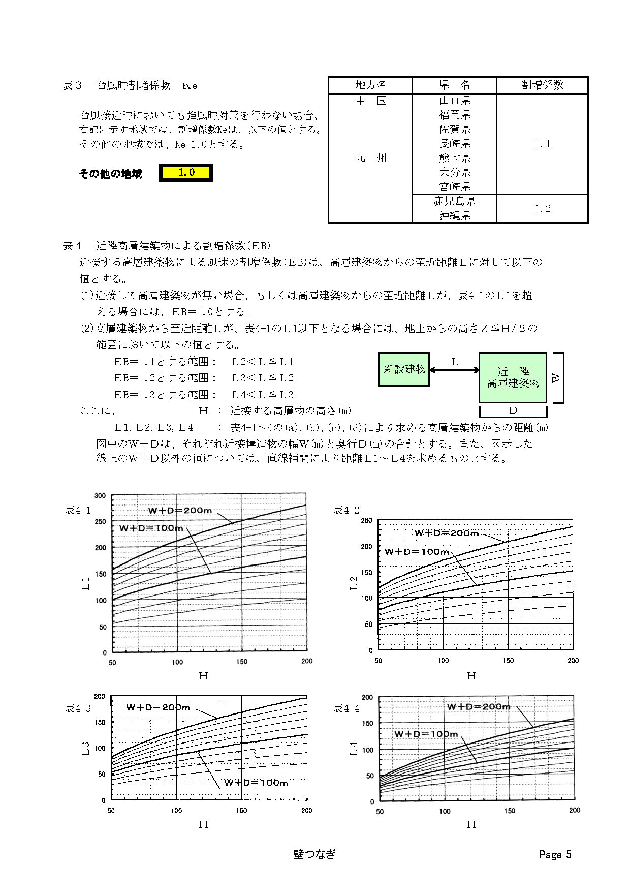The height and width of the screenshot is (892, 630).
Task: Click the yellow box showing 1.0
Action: pyautogui.click(x=186, y=173)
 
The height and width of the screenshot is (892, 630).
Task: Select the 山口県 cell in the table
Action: pyautogui.click(x=455, y=101)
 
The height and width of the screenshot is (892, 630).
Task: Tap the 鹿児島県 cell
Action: pyautogui.click(x=454, y=201)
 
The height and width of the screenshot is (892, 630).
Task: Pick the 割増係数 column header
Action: pyautogui.click(x=542, y=85)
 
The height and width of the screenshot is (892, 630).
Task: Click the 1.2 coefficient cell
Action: pyautogui.click(x=542, y=209)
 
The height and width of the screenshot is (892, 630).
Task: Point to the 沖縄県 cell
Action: pyautogui.click(x=455, y=216)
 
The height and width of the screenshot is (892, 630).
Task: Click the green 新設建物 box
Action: pyautogui.click(x=404, y=369)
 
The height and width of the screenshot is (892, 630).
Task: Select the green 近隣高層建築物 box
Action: pyautogui.click(x=513, y=377)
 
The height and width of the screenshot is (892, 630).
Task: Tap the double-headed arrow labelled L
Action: pyautogui.click(x=455, y=370)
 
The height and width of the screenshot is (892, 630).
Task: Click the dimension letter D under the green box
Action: pyautogui.click(x=513, y=410)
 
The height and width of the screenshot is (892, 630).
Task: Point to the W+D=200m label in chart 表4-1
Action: pyautogui.click(x=180, y=510)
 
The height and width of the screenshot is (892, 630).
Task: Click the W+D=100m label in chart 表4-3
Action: pyautogui.click(x=256, y=783)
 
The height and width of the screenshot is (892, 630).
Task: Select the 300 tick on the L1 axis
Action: pyautogui.click(x=100, y=496)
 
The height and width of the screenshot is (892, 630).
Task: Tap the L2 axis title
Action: pyautogui.click(x=354, y=583)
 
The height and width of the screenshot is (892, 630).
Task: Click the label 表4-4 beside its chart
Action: pyautogui.click(x=346, y=708)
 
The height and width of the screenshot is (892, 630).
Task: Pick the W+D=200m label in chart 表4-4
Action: pyautogui.click(x=478, y=707)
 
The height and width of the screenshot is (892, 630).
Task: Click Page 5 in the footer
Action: pyautogui.click(x=555, y=854)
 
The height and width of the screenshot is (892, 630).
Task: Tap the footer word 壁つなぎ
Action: pyautogui.click(x=314, y=854)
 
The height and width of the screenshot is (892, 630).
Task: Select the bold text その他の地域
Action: pyautogui.click(x=110, y=174)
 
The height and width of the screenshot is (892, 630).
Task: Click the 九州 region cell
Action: pyautogui.click(x=370, y=158)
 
